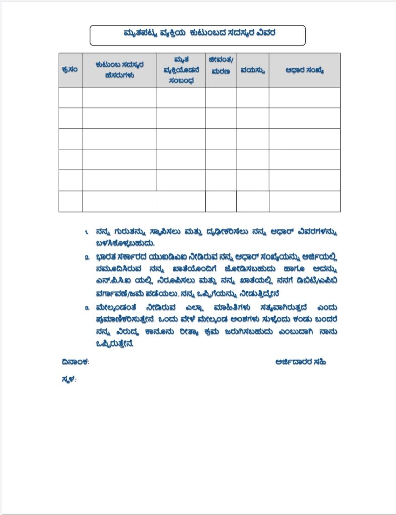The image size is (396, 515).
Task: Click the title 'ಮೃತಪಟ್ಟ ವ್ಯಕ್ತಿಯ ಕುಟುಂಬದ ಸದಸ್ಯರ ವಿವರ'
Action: tap(198, 34)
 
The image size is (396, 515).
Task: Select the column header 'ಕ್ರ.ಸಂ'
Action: tap(70, 70)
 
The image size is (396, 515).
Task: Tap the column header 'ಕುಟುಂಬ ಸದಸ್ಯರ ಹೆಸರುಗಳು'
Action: tap(119, 70)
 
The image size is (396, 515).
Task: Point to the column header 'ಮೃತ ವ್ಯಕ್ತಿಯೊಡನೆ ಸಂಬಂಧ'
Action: tap(181, 70)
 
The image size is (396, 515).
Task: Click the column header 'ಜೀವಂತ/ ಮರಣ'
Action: tap(221, 65)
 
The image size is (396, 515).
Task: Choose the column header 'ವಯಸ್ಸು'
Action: tap(252, 70)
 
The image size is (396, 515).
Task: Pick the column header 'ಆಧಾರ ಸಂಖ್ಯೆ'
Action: tap(304, 70)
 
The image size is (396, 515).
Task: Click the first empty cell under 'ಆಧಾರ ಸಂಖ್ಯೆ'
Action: tap(304, 98)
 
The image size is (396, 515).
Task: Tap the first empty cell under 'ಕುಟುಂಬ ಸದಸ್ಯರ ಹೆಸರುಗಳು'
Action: tap(119, 98)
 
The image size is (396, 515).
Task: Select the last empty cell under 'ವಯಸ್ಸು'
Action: tap(252, 201)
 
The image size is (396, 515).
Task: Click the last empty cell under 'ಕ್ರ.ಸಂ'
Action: tap(70, 201)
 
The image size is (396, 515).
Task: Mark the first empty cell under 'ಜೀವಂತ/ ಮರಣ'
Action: tap(221, 98)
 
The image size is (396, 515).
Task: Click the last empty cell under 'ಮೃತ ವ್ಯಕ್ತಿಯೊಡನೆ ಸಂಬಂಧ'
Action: tap(181, 201)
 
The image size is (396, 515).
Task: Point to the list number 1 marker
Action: tap(87, 233)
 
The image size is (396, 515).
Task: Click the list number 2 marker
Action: tap(87, 257)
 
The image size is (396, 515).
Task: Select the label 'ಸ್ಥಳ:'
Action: tap(68, 380)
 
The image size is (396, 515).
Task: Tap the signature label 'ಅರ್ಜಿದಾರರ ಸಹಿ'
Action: tap(300, 361)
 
